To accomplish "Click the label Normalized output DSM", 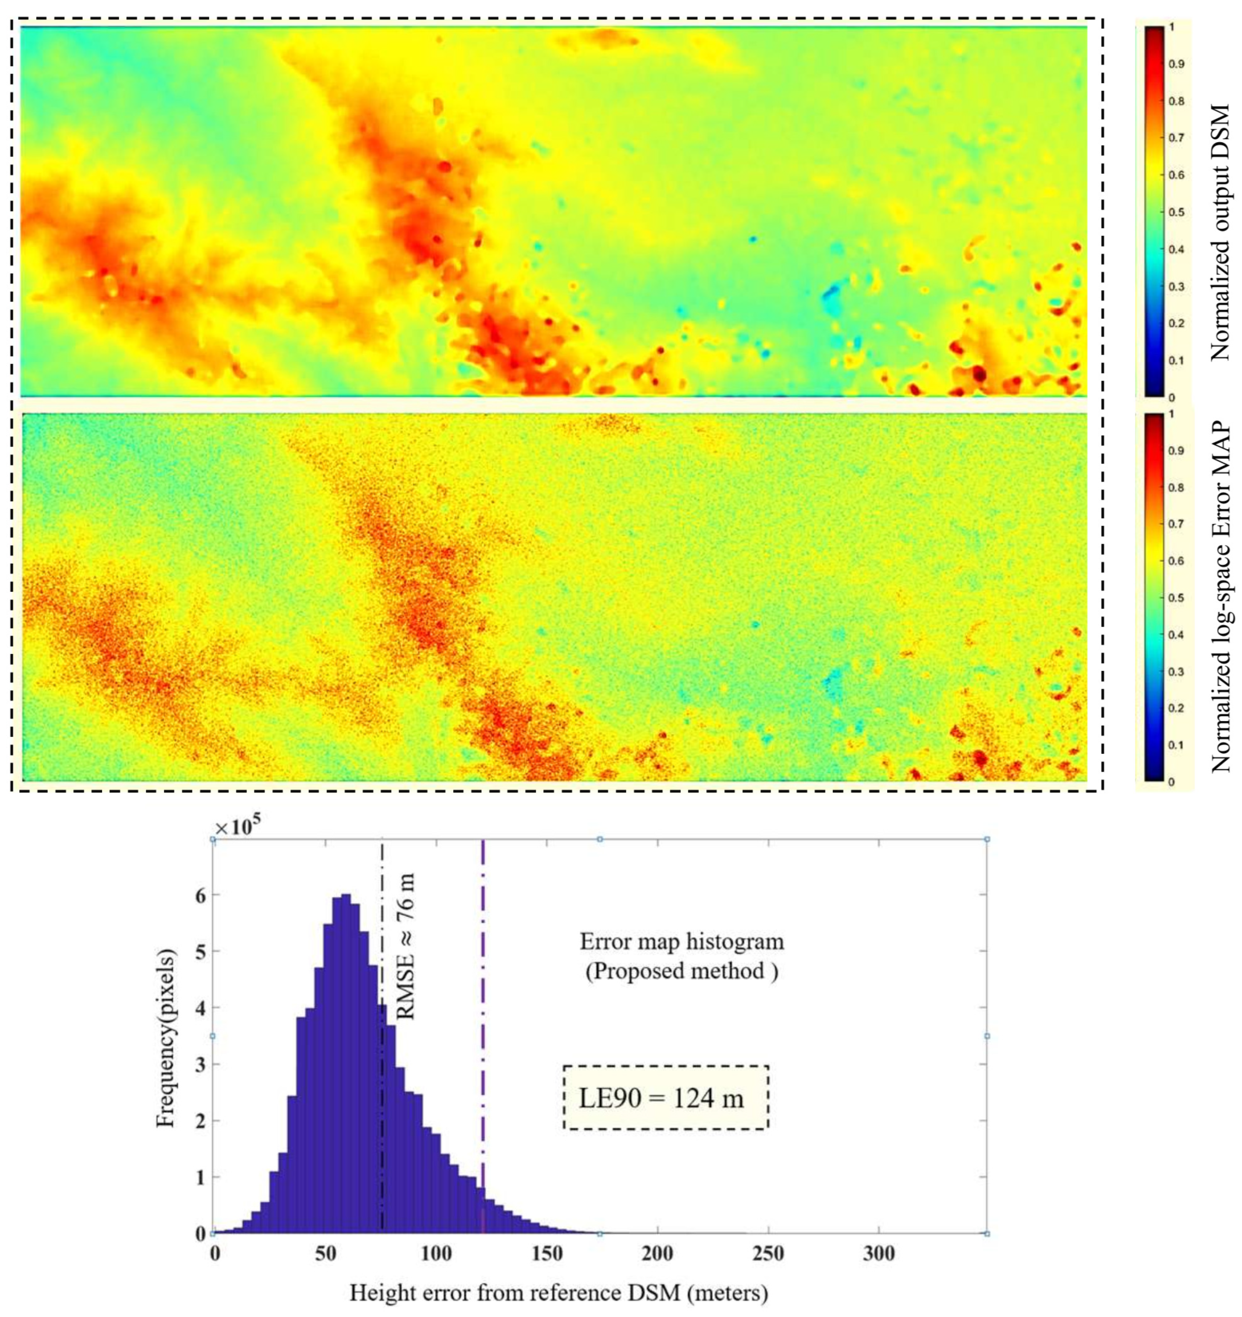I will click(1220, 232).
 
